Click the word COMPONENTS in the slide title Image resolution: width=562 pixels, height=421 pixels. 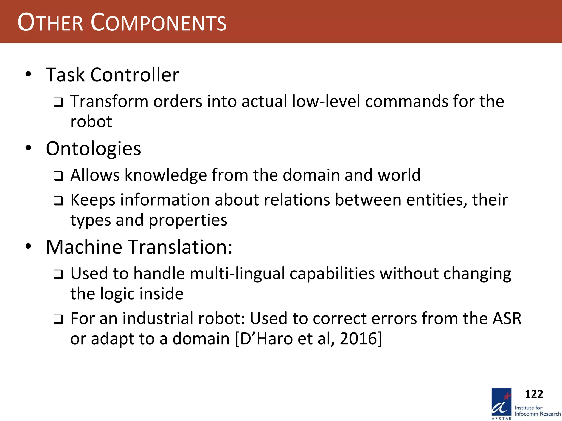[158, 22]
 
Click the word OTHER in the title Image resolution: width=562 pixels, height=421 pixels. [50, 22]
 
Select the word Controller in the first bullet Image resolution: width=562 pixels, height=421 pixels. [135, 75]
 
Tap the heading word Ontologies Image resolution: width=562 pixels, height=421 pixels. [93, 149]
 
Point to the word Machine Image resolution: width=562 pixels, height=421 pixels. [84, 247]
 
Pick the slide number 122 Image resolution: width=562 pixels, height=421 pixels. [534, 394]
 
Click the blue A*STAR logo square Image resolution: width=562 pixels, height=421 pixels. [501, 402]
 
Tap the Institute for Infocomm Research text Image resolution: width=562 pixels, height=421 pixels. [537, 411]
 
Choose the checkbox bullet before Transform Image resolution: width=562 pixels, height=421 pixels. [58, 103]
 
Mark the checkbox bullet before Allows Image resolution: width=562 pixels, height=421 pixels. [58, 176]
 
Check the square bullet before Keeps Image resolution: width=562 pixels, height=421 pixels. [58, 201]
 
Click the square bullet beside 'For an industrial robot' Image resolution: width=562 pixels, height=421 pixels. [58, 319]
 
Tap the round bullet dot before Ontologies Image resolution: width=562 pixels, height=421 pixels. [28, 148]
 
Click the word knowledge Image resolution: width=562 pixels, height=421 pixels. [166, 175]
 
